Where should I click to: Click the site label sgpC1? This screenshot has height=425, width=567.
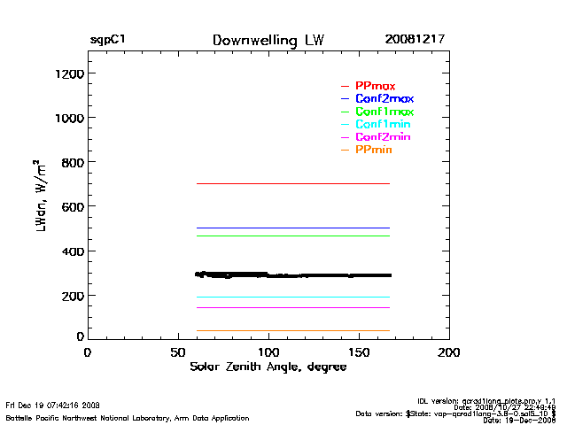pos(107,41)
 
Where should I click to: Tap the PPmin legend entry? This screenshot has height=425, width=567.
pos(373,151)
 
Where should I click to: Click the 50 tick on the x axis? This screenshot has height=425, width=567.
pos(178,352)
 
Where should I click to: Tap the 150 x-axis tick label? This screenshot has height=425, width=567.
pos(359,352)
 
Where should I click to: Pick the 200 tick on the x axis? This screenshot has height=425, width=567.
pos(449,352)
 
